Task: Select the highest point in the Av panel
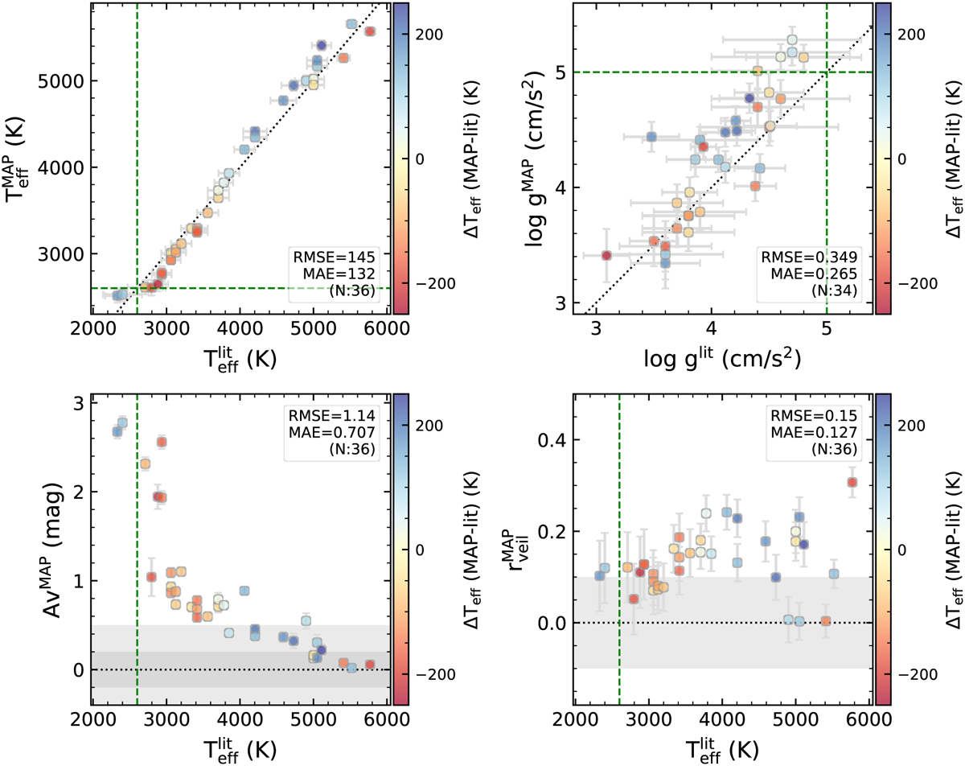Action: [x=123, y=422]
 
